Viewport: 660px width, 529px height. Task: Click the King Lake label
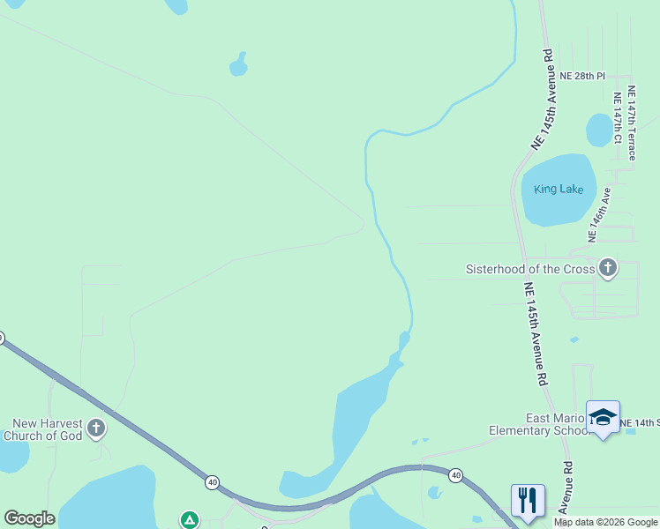click(558, 190)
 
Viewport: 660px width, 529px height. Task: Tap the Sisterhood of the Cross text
click(529, 269)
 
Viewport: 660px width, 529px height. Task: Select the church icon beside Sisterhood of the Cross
click(607, 267)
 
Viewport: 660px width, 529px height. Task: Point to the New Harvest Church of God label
click(42, 430)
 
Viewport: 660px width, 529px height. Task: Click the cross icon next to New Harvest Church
click(96, 429)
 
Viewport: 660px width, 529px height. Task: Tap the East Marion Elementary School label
click(538, 424)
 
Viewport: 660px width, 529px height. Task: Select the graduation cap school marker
click(603, 417)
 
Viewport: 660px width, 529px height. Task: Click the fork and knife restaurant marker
click(528, 501)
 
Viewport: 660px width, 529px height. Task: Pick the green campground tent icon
click(189, 520)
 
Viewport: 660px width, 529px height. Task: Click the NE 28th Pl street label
click(576, 77)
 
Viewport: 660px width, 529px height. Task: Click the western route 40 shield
click(212, 481)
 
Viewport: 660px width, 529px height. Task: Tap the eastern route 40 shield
click(454, 475)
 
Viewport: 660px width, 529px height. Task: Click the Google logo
click(29, 518)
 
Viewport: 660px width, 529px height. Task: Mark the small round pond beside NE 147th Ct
click(601, 130)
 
